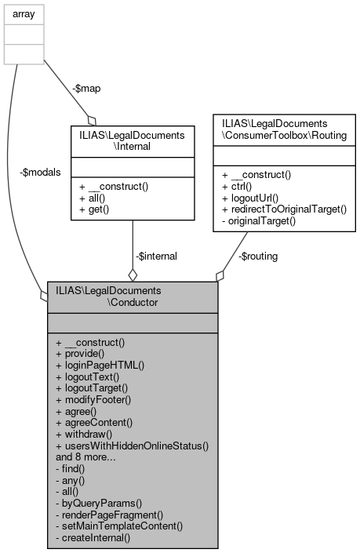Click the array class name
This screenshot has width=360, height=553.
[24, 13]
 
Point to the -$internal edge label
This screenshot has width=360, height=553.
[157, 256]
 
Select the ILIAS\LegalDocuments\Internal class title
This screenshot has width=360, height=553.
[133, 140]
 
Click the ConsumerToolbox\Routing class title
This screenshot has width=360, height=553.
[285, 129]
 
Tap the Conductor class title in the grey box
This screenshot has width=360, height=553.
[131, 296]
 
